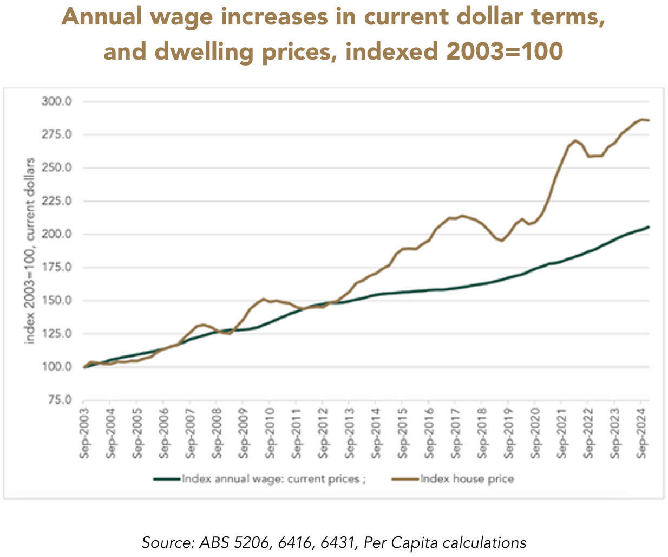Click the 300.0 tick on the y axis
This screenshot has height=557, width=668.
coord(56,102)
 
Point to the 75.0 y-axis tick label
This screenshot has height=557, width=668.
coord(59,400)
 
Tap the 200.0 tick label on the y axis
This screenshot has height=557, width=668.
coord(56,235)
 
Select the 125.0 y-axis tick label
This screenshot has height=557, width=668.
coord(56,334)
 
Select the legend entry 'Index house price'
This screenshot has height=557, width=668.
coord(467,479)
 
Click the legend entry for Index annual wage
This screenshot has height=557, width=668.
coord(273,479)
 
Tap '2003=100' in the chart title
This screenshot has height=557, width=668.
coord(505,51)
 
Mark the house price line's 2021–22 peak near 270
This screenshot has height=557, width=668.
coord(575,140)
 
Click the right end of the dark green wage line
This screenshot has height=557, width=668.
coord(649,227)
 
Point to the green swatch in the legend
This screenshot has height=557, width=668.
coord(166,479)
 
